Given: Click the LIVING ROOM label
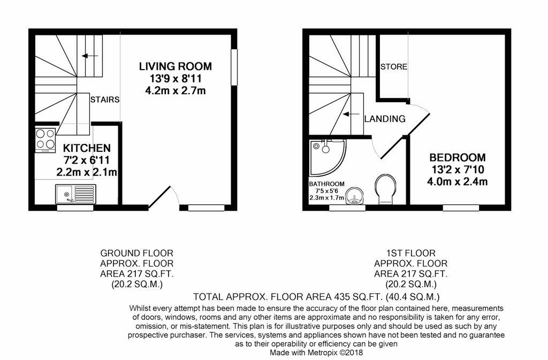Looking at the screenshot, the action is [176, 66].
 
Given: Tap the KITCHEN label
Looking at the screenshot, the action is [87, 148].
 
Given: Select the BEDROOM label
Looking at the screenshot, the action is [458, 157].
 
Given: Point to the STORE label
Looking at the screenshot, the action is [394, 67].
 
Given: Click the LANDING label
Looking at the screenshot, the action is [385, 119].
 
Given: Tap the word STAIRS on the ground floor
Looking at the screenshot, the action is [105, 100].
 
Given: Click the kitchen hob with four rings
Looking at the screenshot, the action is [45, 140].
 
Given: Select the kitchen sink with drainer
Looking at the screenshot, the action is [75, 194].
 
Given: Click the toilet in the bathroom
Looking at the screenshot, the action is [386, 189].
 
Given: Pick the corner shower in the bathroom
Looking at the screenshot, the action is [328, 157].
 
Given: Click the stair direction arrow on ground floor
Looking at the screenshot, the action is [90, 56].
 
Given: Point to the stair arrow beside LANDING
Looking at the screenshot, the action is [351, 114].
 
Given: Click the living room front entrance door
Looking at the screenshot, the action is [159, 197].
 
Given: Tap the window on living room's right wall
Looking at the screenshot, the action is [234, 67].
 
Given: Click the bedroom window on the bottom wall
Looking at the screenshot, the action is [461, 208].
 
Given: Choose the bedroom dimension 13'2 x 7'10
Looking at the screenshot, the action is [458, 170].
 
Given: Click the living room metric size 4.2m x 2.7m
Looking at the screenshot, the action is [176, 91].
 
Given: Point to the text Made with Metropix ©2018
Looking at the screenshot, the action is [316, 353].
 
